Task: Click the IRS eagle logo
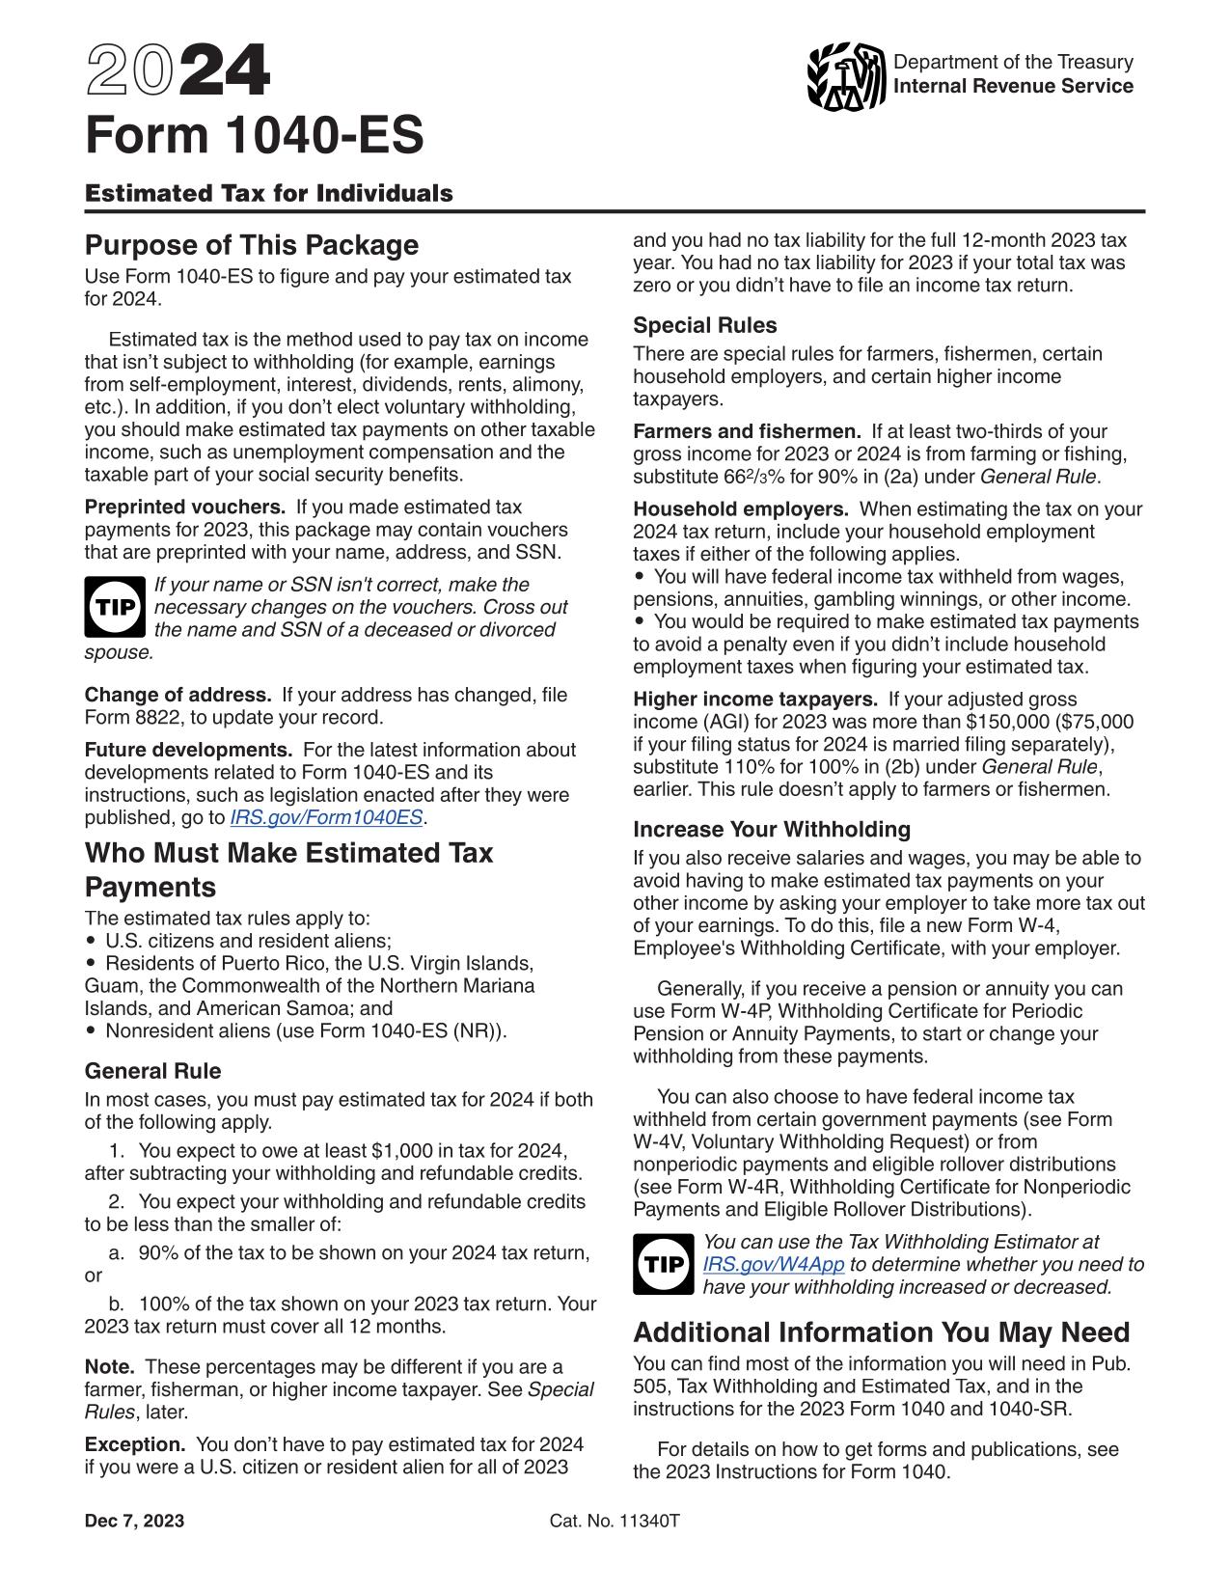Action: (x=846, y=75)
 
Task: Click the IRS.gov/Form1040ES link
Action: (x=326, y=817)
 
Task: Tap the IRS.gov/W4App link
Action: (x=774, y=1264)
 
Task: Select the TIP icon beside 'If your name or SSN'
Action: (x=114, y=607)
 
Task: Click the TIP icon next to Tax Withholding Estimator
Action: (x=663, y=1264)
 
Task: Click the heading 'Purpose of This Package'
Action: (x=251, y=245)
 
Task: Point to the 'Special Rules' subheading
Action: (x=704, y=325)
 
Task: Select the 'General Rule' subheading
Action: (x=152, y=1071)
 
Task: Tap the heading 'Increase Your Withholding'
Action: (x=772, y=829)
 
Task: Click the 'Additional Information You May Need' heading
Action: (x=881, y=1332)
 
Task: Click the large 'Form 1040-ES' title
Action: (x=254, y=136)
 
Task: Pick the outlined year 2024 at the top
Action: (x=178, y=73)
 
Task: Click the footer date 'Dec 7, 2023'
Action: (x=134, y=1522)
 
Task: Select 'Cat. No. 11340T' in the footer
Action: (x=615, y=1522)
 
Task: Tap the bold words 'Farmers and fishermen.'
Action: (x=747, y=431)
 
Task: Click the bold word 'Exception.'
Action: (x=134, y=1444)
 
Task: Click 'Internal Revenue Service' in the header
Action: (x=1013, y=87)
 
